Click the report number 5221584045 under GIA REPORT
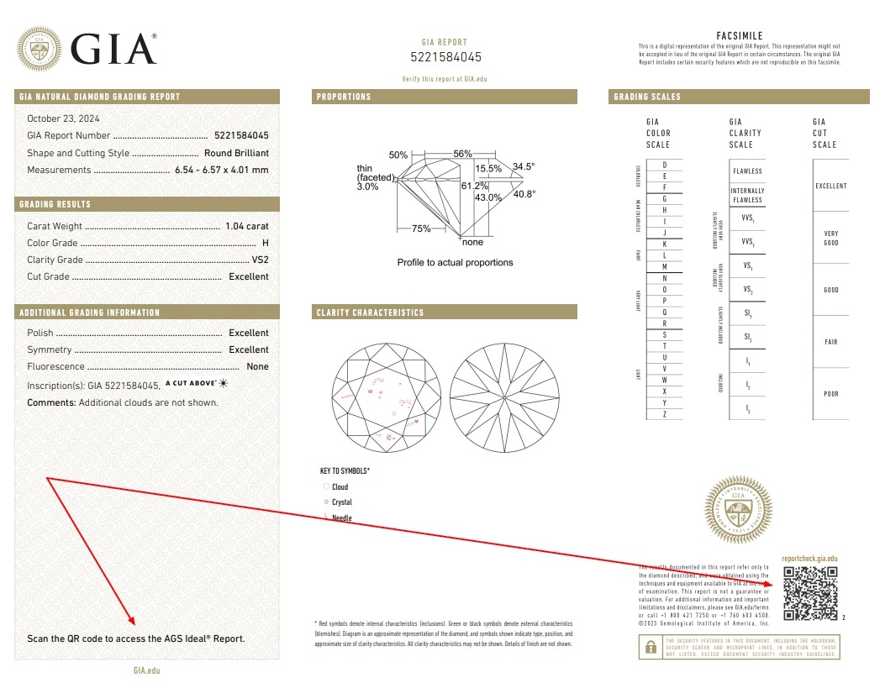pyautogui.click(x=445, y=58)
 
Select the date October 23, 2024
pyautogui.click(x=63, y=118)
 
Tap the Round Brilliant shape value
pyautogui.click(x=236, y=153)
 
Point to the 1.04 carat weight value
pyautogui.click(x=247, y=226)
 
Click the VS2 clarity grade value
pyautogui.click(x=260, y=260)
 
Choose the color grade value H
pyautogui.click(x=265, y=243)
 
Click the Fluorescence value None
pyautogui.click(x=257, y=366)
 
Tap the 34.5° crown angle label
pyautogui.click(x=524, y=166)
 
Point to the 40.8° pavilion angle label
pyautogui.click(x=524, y=194)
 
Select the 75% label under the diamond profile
pyautogui.click(x=421, y=229)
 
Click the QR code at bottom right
pyautogui.click(x=810, y=593)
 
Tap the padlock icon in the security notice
pyautogui.click(x=650, y=647)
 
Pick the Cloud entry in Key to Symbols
pyautogui.click(x=339, y=487)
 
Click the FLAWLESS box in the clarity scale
pyautogui.click(x=747, y=171)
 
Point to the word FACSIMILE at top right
pyautogui.click(x=739, y=36)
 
